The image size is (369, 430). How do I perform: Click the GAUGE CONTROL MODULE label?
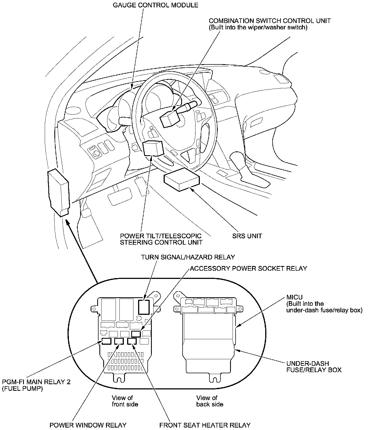pos(155,5)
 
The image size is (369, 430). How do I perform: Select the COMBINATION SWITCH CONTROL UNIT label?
pos(270,21)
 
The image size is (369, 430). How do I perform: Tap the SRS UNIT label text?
pos(247,236)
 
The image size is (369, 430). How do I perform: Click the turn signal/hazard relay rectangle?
pos(143,307)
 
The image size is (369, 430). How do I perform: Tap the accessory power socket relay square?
pos(136,334)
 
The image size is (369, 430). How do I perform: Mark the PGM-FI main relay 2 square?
pos(106,341)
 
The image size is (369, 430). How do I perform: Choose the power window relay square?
pos(119,341)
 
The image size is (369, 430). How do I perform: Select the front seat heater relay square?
pos(132,341)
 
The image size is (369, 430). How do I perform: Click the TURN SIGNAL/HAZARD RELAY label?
pos(188,257)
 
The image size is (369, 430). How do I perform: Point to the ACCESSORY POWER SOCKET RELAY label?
pos(248,268)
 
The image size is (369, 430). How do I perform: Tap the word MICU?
pos(294,298)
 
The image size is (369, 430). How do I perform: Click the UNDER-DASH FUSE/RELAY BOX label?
pos(314,367)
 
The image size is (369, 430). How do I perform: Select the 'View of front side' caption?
pos(125,401)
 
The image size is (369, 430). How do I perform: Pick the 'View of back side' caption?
pos(209,401)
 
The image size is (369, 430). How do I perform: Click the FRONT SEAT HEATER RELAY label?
pos(205,425)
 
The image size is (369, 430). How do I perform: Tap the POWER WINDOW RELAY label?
pos(88,425)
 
